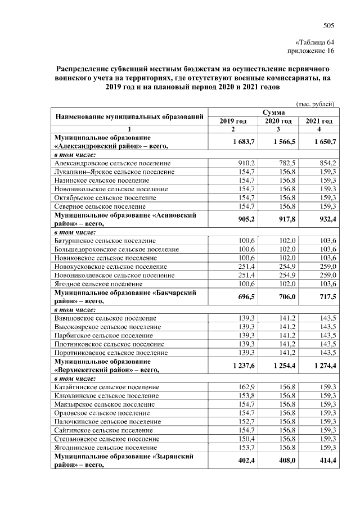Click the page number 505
pyautogui.click(x=329, y=25)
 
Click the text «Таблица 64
pyautogui.click(x=315, y=43)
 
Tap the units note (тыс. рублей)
pyautogui.click(x=316, y=103)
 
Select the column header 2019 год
pyautogui.click(x=233, y=121)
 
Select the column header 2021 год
pyautogui.click(x=319, y=121)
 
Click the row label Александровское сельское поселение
pyautogui.click(x=112, y=163)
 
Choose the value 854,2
pyautogui.click(x=327, y=163)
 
